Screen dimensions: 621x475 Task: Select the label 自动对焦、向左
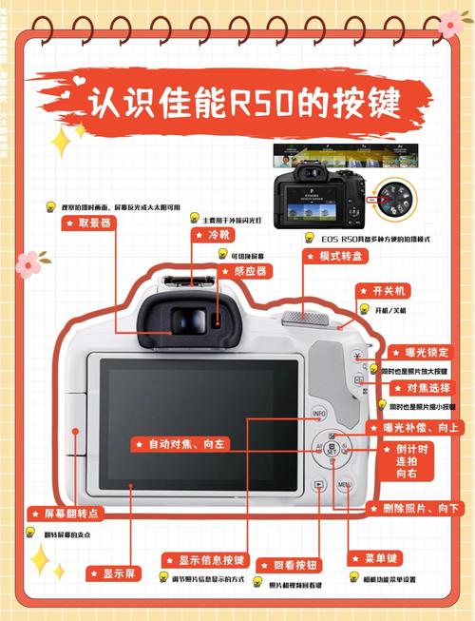180,443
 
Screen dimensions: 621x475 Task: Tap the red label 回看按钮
289,564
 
